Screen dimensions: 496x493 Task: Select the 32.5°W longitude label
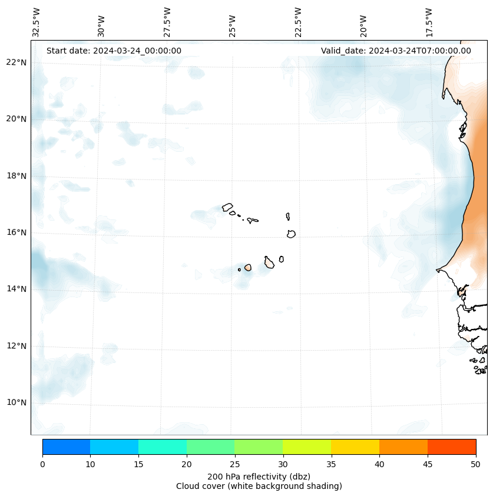[x=37, y=22]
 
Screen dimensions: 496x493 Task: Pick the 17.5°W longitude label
[x=429, y=22]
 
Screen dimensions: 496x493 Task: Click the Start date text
[x=114, y=51]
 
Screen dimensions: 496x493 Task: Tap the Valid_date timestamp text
[x=396, y=51]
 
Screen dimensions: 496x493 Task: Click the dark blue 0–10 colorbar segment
[x=66, y=447]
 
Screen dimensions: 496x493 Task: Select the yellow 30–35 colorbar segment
[x=306, y=447]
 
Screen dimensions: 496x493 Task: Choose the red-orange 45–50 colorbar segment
[x=451, y=447]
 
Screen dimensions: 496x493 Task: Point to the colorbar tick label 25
[x=234, y=465]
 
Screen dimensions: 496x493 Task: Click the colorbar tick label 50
[x=475, y=465]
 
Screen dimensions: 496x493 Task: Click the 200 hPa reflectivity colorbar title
[x=259, y=476]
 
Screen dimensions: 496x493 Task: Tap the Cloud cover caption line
[x=259, y=486]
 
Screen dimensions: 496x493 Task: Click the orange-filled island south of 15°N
[x=248, y=268]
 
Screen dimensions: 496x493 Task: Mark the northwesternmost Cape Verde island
[x=227, y=207]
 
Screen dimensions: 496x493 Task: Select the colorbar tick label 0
[x=42, y=465]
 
